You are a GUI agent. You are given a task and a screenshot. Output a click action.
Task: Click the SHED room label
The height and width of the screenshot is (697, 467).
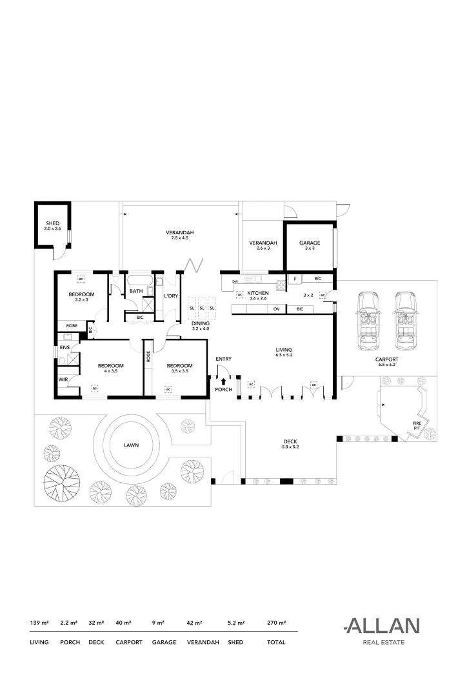pyautogui.click(x=52, y=223)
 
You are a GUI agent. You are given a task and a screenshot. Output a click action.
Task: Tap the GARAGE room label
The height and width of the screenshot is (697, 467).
pyautogui.click(x=309, y=243)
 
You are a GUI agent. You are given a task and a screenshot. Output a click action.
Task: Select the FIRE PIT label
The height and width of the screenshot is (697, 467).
pyautogui.click(x=417, y=424)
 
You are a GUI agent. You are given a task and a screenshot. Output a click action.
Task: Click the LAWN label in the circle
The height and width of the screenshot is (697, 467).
pyautogui.click(x=133, y=445)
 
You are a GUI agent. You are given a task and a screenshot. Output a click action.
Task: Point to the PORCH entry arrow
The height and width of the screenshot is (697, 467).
pyautogui.click(x=224, y=382)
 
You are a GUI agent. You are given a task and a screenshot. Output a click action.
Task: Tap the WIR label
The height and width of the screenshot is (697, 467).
pyautogui.click(x=63, y=379)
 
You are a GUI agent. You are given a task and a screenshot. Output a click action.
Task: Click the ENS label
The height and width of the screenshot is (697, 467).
pyautogui.click(x=65, y=347)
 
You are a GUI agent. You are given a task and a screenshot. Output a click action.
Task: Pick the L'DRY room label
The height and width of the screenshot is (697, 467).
pyautogui.click(x=171, y=296)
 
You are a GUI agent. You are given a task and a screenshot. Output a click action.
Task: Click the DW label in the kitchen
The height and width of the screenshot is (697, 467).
pyautogui.click(x=235, y=282)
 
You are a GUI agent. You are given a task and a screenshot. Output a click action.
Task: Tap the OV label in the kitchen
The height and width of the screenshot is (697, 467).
pyautogui.click(x=275, y=309)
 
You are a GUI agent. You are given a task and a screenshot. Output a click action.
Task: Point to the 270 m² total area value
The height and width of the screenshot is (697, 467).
pyautogui.click(x=276, y=623)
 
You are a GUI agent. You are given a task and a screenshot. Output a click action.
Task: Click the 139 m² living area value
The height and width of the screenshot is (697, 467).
pyautogui.click(x=39, y=623)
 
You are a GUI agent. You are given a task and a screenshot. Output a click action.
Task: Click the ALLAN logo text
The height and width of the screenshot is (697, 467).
pyautogui.click(x=382, y=625)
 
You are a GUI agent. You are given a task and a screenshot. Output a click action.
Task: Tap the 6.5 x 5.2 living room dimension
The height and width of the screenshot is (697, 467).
pyautogui.click(x=284, y=355)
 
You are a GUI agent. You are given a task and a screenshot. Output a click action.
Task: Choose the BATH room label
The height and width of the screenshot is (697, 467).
pyautogui.click(x=136, y=291)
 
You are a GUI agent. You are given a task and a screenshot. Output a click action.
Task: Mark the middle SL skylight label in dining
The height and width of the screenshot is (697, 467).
pyautogui.click(x=201, y=308)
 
